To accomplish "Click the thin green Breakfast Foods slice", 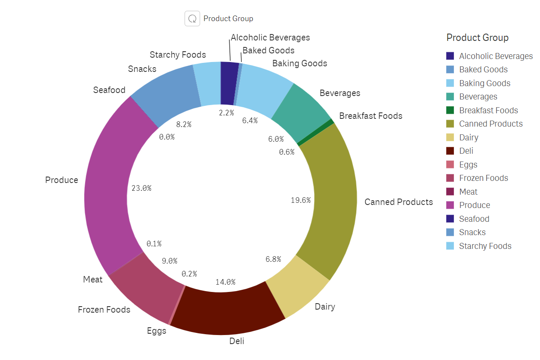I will tap(315, 133).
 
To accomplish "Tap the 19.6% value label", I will tap(300, 200).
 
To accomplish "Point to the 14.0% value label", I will tap(225, 282).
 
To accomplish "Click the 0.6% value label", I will tap(286, 152).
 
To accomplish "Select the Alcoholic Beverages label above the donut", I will tap(270, 37).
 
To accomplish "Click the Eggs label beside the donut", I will tap(156, 331).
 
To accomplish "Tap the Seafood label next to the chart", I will tap(109, 90).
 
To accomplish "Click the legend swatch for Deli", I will tap(450, 151).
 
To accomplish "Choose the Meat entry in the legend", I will tap(468, 192).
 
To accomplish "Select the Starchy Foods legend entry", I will tap(485, 246).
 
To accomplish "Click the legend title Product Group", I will tap(477, 37).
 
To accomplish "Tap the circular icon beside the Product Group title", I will tap(192, 19).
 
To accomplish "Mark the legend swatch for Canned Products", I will tap(450, 124).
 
